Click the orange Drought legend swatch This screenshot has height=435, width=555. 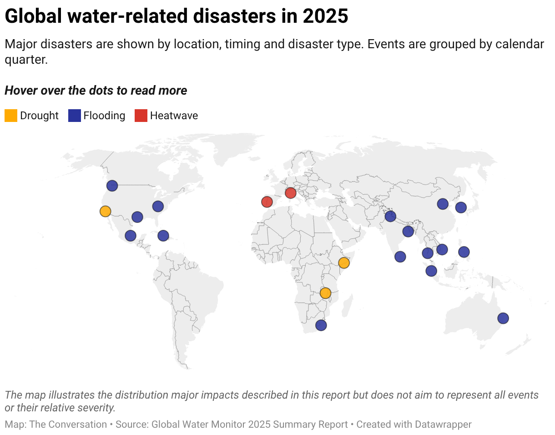(11, 116)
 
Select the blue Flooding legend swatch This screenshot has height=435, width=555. (74, 116)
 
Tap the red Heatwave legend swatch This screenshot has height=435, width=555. (141, 116)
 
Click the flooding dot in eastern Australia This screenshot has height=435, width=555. (503, 318)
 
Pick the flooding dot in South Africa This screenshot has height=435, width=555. (321, 325)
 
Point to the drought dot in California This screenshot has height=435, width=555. (105, 211)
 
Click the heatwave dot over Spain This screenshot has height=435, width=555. (267, 202)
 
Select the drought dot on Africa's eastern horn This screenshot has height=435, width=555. (344, 263)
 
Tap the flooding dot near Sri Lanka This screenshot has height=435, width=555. (400, 257)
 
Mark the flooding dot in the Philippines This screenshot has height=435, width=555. (464, 252)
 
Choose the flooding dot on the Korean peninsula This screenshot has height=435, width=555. (461, 207)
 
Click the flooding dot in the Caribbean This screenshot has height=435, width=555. (163, 236)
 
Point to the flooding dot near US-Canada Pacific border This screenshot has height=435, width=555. (112, 186)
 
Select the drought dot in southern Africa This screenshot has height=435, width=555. (325, 293)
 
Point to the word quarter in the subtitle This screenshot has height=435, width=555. (26, 60)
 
